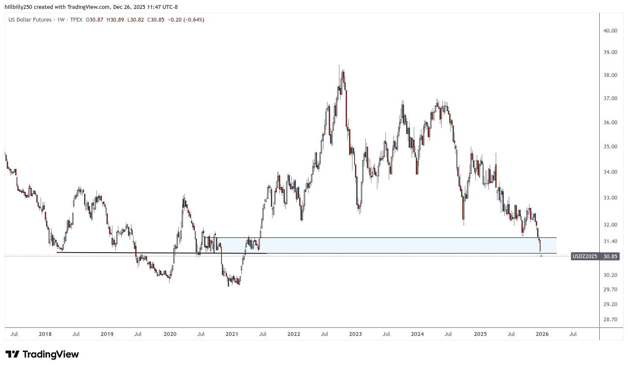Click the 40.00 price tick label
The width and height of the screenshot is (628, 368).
tap(610, 30)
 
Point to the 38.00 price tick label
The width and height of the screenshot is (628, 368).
tap(610, 75)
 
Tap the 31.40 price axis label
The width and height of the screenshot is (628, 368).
tap(610, 241)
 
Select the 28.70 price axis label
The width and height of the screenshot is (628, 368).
tap(610, 319)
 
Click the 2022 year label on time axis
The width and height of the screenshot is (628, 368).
tap(293, 334)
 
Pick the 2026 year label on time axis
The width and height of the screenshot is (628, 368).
tap(542, 334)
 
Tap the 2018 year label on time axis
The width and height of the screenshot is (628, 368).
tap(45, 334)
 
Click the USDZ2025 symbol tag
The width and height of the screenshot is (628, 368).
tap(584, 256)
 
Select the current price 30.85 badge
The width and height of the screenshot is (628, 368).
tap(610, 256)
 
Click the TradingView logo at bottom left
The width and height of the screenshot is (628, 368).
tap(42, 354)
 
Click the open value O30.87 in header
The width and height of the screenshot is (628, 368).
tap(95, 19)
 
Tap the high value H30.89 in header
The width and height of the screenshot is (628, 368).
tap(115, 19)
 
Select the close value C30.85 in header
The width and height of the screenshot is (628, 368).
tap(156, 19)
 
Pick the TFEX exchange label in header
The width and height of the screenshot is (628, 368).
tap(76, 19)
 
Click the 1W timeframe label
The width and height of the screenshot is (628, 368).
tap(61, 19)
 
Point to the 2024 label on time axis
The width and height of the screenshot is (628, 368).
tap(417, 334)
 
